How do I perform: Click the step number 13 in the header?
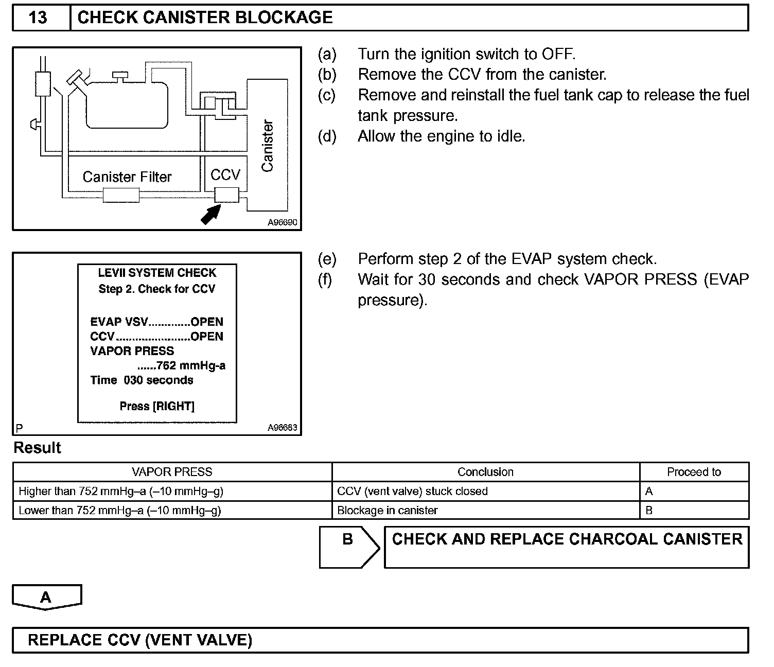point(38,17)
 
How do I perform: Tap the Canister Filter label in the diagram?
point(127,177)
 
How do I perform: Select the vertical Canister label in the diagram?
point(267,146)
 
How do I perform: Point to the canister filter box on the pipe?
point(121,196)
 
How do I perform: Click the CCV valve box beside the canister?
point(226,196)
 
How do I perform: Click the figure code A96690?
point(283,223)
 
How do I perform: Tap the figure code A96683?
point(283,428)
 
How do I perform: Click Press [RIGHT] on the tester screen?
point(157,406)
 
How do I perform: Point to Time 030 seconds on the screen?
point(142,380)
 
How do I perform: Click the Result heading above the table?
point(37,448)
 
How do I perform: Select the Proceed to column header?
point(694,472)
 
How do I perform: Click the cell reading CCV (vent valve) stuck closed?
point(412,492)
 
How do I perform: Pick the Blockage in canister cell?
point(387,511)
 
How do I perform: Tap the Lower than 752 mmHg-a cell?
point(120,511)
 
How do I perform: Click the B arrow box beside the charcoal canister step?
point(349,547)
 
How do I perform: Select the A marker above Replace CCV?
point(46,597)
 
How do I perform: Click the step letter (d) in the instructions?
point(327,136)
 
